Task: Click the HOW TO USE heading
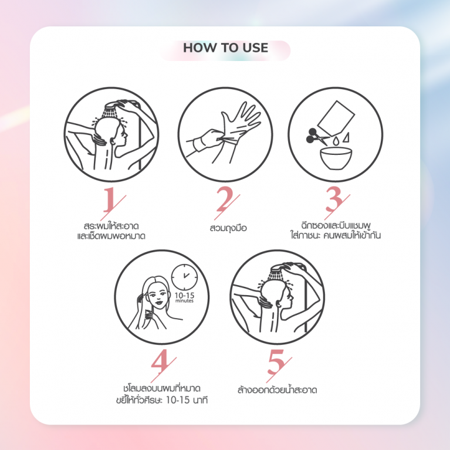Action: [225, 48]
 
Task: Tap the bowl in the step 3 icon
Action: [336, 157]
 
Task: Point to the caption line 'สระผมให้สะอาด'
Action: [111, 225]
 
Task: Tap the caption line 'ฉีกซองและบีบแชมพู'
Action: [336, 225]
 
